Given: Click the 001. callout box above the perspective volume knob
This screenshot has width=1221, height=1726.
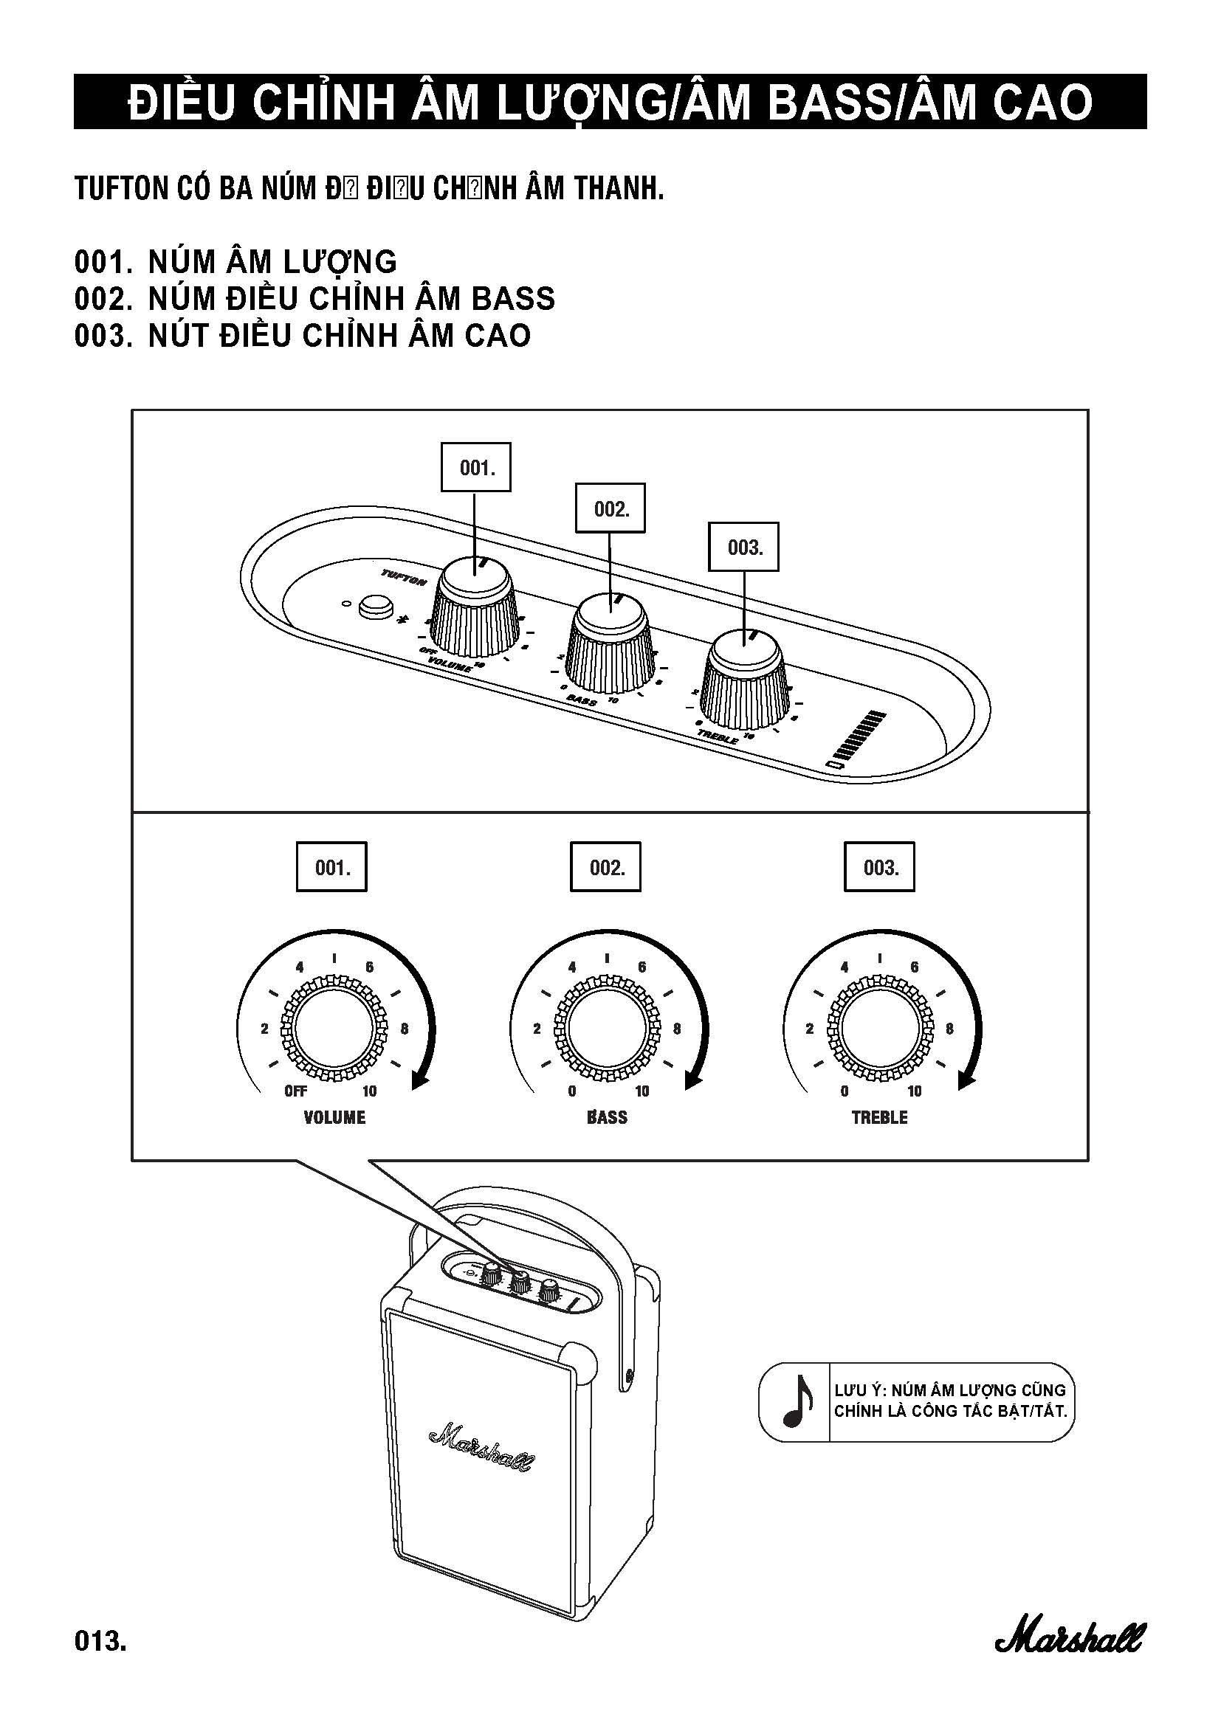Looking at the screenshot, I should [475, 468].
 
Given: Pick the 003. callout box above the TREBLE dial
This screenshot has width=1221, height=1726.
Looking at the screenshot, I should [879, 868].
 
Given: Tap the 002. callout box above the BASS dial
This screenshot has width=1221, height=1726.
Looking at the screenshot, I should [606, 868].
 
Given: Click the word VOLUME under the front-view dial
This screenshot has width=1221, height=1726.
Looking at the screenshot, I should [334, 1117].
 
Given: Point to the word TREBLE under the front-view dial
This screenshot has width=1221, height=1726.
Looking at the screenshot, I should [879, 1117].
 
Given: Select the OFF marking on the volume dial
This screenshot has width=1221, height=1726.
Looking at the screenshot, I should [295, 1091].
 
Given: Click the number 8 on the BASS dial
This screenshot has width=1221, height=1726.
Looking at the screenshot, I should [677, 1029].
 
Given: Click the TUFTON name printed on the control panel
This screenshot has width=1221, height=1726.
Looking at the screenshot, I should [404, 577].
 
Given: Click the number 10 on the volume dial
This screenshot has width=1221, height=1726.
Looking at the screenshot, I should [369, 1091].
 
